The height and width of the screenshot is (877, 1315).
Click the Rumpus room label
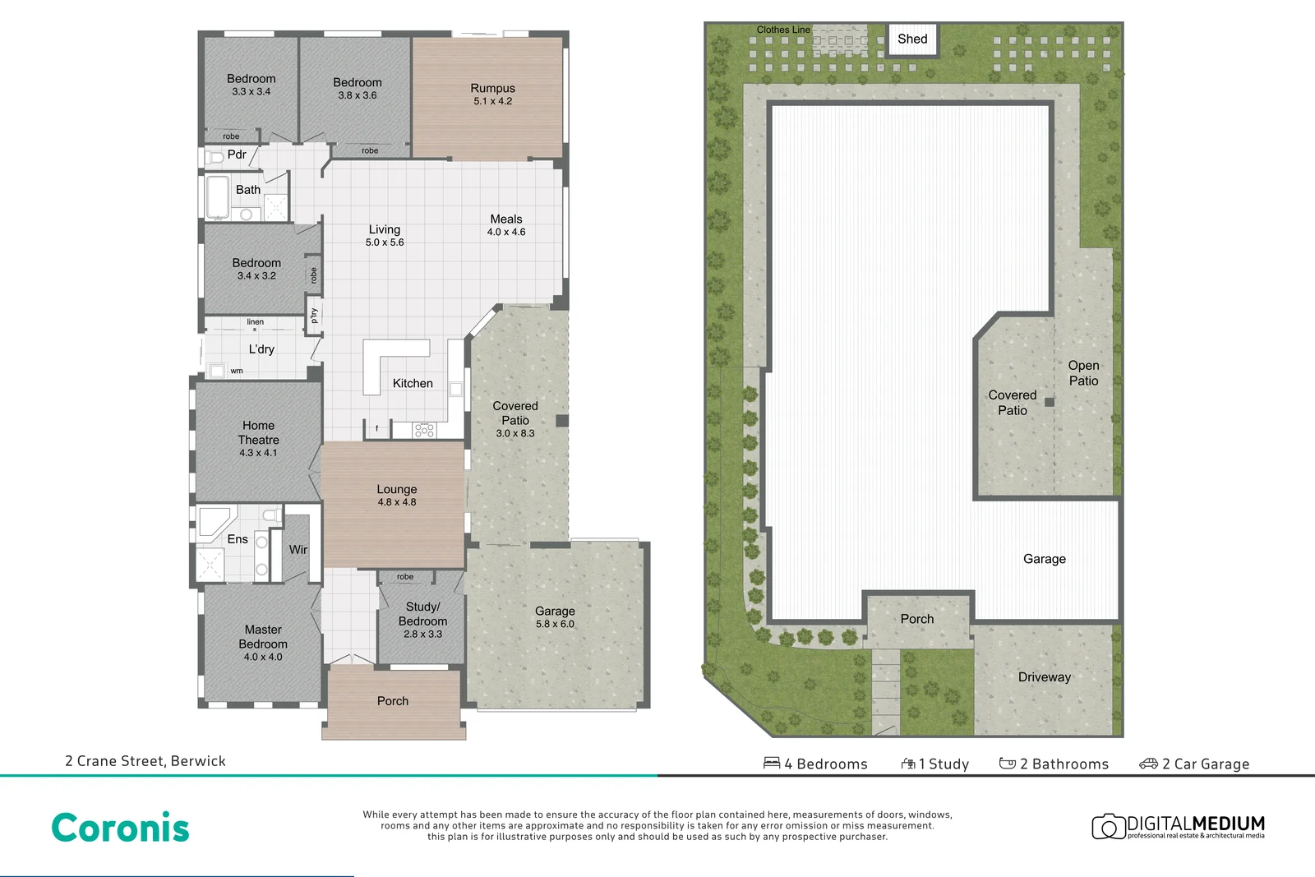(x=492, y=89)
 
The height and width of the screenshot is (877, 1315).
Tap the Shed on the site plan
(x=912, y=39)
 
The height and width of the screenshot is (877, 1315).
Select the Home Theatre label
(x=258, y=432)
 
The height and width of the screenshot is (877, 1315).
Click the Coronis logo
(x=120, y=828)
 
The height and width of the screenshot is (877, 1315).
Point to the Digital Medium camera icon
(x=1108, y=826)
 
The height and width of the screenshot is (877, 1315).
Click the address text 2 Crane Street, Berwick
(x=145, y=761)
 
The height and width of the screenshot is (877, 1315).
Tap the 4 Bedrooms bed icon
(x=771, y=764)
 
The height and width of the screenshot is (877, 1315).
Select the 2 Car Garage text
(x=1205, y=764)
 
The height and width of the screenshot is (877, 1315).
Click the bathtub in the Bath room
(x=217, y=197)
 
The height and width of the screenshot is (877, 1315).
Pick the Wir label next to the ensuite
(x=298, y=550)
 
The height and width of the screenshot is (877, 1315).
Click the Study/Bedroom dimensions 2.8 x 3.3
(x=422, y=634)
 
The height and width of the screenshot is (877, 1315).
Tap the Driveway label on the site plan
(x=1044, y=677)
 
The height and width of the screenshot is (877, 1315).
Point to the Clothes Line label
(x=782, y=30)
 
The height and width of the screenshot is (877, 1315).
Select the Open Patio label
(x=1083, y=373)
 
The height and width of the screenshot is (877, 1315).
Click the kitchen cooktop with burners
(x=424, y=430)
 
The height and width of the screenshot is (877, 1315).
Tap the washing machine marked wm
(x=217, y=371)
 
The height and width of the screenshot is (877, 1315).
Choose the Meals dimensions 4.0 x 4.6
(x=506, y=232)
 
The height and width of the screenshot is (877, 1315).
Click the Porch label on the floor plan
(x=392, y=701)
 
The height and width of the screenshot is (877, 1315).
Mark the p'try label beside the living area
(x=314, y=315)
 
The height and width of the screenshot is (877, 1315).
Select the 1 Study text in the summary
(x=944, y=764)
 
